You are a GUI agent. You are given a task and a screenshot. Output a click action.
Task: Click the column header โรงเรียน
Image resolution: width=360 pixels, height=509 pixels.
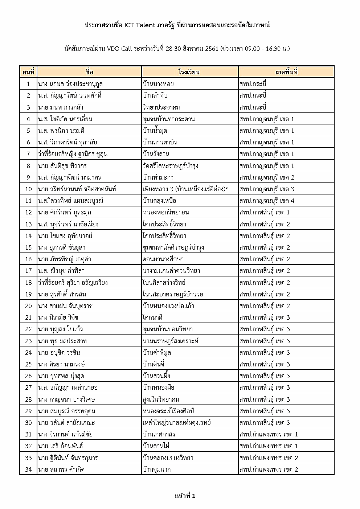(189, 72)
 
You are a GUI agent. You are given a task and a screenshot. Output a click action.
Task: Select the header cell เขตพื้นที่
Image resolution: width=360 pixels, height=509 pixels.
(286, 72)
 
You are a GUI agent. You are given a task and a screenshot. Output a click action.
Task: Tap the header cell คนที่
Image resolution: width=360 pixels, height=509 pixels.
(28, 72)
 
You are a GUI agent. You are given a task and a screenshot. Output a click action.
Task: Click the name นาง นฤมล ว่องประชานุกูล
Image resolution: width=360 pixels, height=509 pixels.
(70, 84)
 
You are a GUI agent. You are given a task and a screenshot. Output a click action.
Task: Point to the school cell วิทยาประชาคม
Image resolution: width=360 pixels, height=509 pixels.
(161, 107)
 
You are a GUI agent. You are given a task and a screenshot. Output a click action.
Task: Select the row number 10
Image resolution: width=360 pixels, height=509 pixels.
(28, 189)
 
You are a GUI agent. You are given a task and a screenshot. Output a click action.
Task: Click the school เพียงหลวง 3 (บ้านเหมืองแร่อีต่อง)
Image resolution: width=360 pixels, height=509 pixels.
(185, 189)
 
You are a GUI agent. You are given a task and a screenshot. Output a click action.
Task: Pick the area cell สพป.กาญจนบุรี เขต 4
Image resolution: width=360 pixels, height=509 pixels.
(267, 201)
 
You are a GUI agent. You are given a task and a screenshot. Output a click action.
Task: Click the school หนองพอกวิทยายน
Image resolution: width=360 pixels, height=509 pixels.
(166, 212)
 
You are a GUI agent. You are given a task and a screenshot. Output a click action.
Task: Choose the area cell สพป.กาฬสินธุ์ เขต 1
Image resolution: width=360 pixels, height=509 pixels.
(265, 212)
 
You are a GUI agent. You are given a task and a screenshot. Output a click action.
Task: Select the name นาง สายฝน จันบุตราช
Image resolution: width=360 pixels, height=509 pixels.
(65, 306)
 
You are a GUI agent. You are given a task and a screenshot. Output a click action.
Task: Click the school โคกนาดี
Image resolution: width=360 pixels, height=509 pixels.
(153, 317)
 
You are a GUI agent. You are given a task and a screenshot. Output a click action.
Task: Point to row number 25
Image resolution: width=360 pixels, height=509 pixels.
(28, 364)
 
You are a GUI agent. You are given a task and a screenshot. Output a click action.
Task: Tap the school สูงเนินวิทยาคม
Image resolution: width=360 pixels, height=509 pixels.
(161, 399)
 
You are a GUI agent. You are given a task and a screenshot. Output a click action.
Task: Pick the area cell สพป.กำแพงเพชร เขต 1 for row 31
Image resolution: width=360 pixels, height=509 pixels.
(269, 434)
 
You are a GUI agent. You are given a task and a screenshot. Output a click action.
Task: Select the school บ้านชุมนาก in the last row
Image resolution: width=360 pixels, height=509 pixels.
(157, 469)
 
